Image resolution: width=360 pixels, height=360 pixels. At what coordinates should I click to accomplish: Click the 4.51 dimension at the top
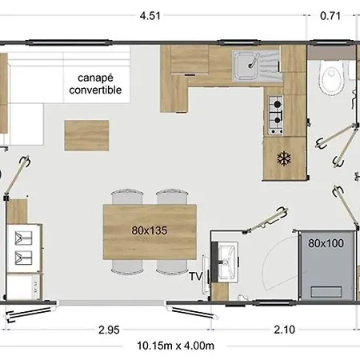point(150,16)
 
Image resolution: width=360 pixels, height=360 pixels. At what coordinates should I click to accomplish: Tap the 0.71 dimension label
point(330,16)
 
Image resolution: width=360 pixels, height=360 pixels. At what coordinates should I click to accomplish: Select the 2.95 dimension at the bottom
point(109,330)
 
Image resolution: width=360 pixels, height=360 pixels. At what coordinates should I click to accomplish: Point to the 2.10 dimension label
point(285,330)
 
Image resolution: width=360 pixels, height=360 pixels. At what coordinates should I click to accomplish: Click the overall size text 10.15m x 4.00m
point(176,346)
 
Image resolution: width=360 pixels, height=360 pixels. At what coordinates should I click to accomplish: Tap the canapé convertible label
point(95,84)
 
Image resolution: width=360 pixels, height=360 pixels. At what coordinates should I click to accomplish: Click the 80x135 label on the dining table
point(150,230)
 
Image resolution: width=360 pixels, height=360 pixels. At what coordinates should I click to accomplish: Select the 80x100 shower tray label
point(326,243)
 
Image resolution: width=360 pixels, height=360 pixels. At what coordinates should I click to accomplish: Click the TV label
point(196,276)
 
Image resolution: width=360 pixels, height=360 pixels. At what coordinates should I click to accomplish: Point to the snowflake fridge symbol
point(284,158)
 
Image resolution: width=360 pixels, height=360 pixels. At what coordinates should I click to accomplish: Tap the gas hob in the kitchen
point(275,115)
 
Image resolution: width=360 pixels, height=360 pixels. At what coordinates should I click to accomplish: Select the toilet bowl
point(331,78)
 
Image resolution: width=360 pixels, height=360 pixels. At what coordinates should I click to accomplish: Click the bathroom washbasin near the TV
point(227,262)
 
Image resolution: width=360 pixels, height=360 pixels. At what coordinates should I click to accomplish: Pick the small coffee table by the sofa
point(86,135)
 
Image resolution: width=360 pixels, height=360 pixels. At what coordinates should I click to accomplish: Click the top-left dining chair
point(127,197)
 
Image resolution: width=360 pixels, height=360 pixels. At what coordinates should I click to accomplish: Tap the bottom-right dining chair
point(172,266)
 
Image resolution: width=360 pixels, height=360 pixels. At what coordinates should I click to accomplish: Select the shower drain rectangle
point(326,292)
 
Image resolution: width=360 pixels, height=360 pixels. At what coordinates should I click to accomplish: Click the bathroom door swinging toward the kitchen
point(266,220)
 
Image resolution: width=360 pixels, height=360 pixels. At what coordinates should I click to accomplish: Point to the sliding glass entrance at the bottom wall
point(111,302)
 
